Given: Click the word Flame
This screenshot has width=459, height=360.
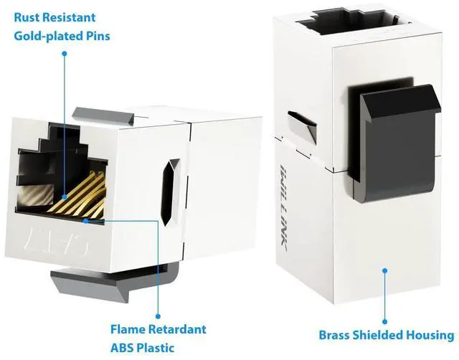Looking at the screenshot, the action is tap(131, 330).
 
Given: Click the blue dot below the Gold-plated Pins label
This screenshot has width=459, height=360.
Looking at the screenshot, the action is tap(64, 53).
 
